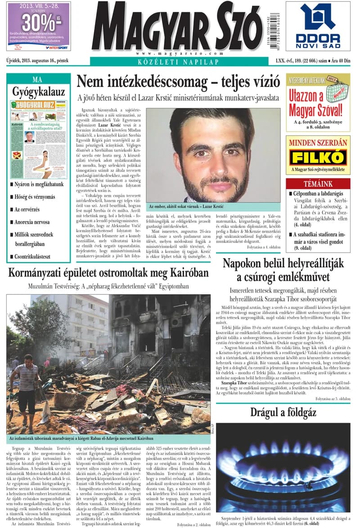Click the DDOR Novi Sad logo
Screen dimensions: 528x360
(318, 26)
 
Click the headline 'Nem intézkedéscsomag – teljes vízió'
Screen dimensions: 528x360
(178, 82)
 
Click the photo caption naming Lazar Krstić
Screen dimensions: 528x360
(186, 206)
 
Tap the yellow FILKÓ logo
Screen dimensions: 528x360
(318, 158)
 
